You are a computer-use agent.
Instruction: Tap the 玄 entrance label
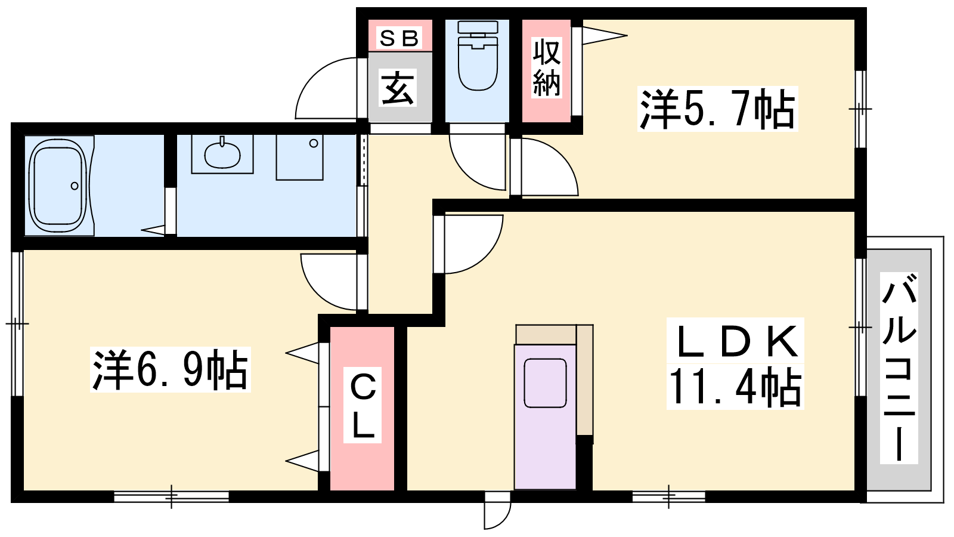[x=397, y=89]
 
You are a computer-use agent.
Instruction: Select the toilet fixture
[x=478, y=55]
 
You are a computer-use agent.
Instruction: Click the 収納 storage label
[x=546, y=67]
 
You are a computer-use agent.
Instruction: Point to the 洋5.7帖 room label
[x=718, y=109]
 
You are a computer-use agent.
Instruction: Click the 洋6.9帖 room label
[x=171, y=369]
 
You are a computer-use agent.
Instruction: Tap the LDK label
[x=736, y=341]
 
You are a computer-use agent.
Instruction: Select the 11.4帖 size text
[x=736, y=387]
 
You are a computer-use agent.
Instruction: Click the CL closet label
[x=363, y=405]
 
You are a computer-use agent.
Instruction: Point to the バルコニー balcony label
[x=899, y=368]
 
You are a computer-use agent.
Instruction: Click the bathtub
[x=60, y=186]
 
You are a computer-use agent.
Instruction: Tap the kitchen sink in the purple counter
[x=545, y=383]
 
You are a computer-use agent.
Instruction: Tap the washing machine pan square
[x=299, y=158]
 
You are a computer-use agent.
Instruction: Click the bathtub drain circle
[x=75, y=186]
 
